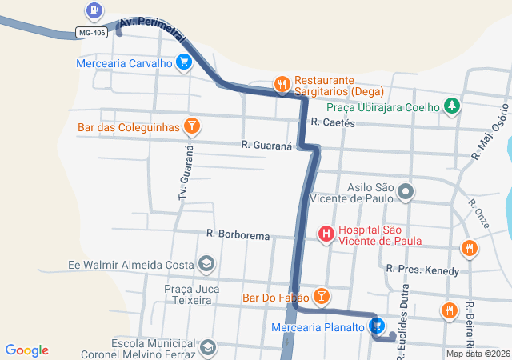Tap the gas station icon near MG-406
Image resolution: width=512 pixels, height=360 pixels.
[x=94, y=10]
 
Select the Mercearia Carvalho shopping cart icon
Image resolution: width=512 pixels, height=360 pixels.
[x=185, y=62]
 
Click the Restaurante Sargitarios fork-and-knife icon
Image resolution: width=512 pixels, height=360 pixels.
[x=282, y=83]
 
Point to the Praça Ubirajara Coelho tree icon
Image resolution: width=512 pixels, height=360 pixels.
[x=452, y=106]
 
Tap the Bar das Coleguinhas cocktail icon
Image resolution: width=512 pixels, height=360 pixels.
[x=191, y=126]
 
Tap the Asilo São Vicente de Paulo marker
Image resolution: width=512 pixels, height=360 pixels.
[x=406, y=191]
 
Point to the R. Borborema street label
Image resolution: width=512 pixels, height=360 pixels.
[x=238, y=235]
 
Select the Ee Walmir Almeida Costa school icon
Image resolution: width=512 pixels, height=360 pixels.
[x=206, y=264]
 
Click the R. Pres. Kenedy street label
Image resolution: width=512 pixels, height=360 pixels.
[x=422, y=270]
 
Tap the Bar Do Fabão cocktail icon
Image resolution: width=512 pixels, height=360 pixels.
[x=321, y=298]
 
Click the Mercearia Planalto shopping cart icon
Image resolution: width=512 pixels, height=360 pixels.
[x=377, y=326]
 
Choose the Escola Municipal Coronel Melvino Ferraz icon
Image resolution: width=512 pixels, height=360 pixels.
[x=208, y=347]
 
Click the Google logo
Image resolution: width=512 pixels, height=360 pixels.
[x=26, y=350]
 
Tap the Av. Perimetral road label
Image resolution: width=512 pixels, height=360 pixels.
[x=152, y=30]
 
